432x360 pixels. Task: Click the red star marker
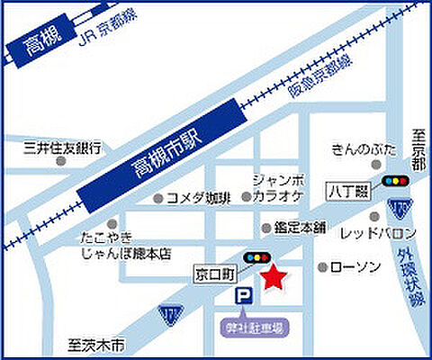272,278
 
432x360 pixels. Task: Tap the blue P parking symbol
242,296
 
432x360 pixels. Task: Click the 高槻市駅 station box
166,155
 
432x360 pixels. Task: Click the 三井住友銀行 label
62,148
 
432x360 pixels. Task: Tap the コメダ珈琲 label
198,198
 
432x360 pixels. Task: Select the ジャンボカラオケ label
278,187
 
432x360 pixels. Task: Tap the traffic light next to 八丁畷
394,181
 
